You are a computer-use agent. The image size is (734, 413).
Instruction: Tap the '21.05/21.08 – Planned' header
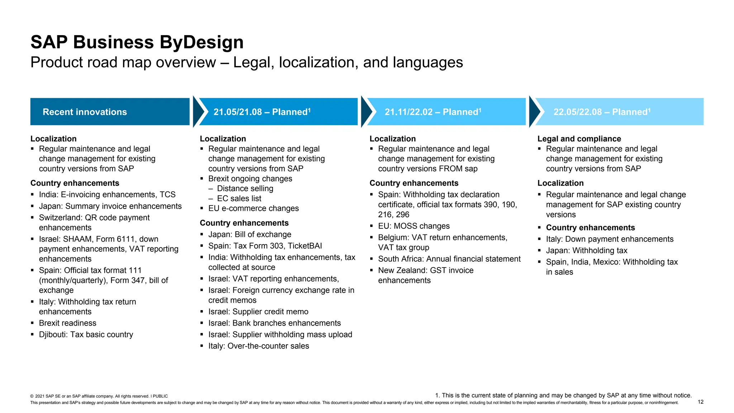(262, 112)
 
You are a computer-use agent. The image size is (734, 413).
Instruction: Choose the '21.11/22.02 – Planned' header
(433, 112)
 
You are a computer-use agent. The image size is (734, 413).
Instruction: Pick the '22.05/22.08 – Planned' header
(602, 112)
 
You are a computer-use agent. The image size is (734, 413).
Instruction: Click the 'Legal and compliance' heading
(579, 139)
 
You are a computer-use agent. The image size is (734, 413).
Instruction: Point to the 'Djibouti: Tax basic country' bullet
(86, 334)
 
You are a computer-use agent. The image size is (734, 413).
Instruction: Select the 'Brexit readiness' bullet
(68, 323)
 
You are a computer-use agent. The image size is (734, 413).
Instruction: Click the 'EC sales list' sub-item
(239, 199)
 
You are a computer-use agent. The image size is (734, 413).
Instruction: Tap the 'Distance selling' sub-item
(245, 189)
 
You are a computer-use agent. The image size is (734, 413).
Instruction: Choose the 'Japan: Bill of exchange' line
(250, 234)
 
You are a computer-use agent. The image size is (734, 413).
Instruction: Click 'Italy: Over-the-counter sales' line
(258, 346)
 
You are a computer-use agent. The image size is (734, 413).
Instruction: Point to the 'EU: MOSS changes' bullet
(414, 226)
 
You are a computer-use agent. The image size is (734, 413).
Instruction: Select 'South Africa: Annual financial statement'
(449, 259)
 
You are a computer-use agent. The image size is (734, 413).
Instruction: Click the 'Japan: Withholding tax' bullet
(586, 251)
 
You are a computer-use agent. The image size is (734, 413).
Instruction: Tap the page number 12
(701, 402)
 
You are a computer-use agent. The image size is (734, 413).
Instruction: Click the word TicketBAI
(305, 246)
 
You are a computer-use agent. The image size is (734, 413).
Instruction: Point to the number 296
(402, 215)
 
